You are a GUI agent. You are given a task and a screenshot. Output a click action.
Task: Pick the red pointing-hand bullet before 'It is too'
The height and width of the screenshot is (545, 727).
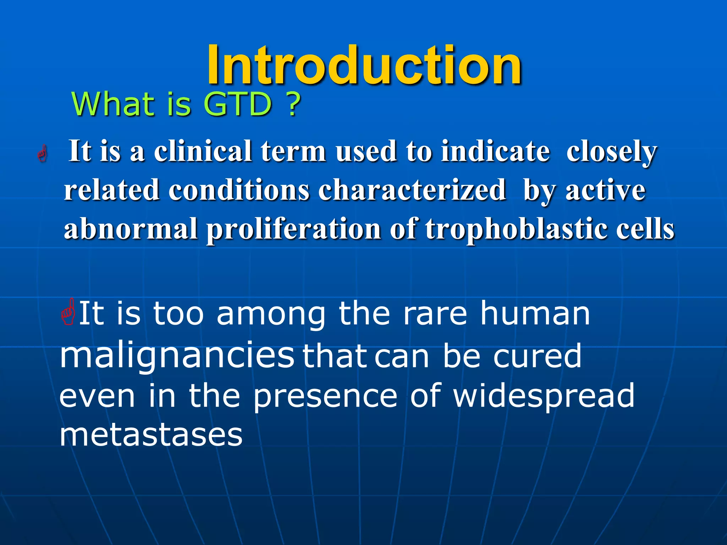pos(68,313)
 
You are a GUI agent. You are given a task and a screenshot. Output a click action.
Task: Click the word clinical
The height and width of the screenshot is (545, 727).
pos(203,152)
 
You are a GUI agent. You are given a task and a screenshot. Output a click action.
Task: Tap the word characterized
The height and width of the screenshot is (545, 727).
pos(412,190)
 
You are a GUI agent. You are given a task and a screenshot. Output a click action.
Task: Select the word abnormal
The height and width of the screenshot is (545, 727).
pos(131,229)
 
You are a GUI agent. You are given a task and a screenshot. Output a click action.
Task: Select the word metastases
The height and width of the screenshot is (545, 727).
pos(151,435)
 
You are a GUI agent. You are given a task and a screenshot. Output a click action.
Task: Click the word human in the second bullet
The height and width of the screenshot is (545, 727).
pos(535,313)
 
